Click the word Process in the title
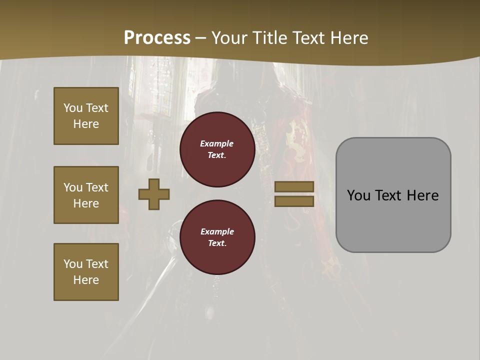click(157, 38)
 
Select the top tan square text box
click(86, 116)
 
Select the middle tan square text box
click(86, 195)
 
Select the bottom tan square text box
click(86, 272)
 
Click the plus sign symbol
click(154, 194)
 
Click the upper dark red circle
click(217, 149)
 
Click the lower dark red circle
click(217, 237)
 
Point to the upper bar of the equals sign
click(294, 186)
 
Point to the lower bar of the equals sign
click(294, 201)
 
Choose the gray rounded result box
click(393, 220)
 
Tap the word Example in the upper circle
click(217, 143)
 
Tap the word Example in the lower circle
click(217, 231)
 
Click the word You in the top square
click(72, 108)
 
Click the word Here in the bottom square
click(86, 280)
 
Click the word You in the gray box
click(358, 195)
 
